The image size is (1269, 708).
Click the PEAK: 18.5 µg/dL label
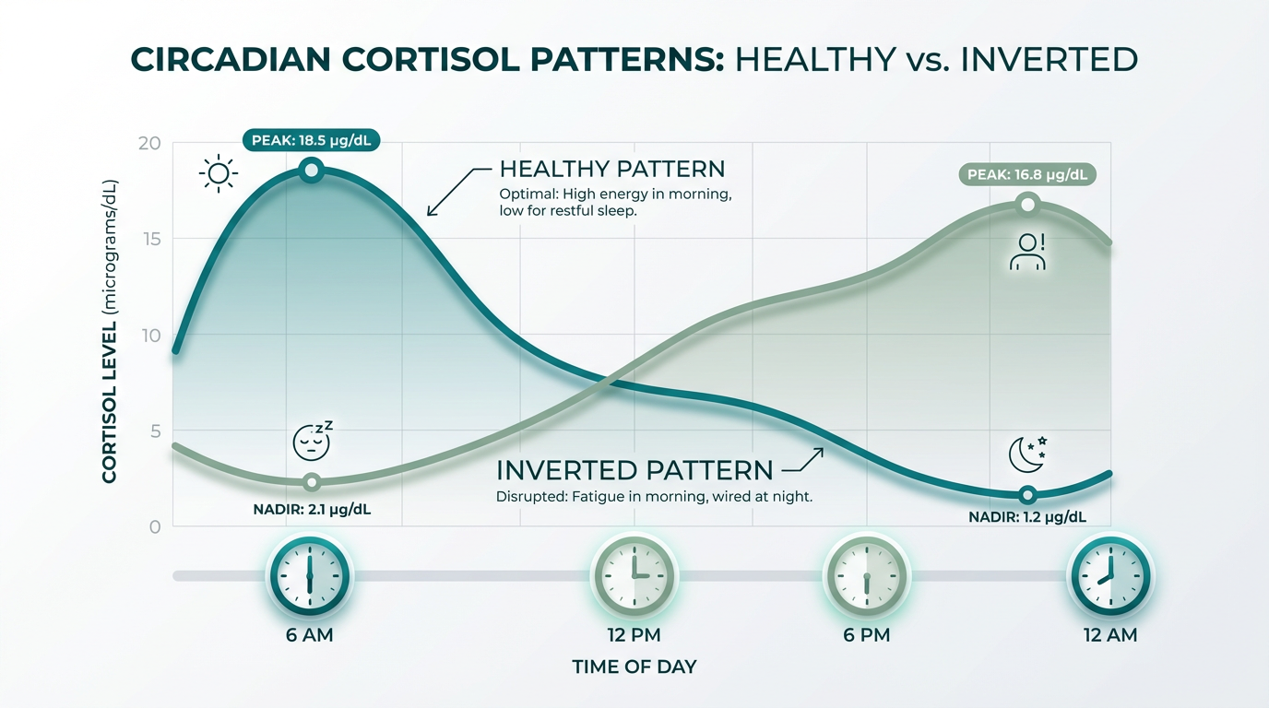(312, 141)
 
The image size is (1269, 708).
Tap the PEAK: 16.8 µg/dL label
(1027, 174)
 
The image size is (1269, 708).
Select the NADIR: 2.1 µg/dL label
(312, 509)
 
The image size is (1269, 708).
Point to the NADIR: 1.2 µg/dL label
(1027, 517)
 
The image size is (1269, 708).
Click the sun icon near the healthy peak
(219, 173)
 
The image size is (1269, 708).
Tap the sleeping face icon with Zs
(313, 442)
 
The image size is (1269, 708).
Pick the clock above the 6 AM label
(310, 575)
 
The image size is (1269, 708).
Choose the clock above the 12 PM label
(634, 575)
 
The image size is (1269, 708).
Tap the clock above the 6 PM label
(866, 575)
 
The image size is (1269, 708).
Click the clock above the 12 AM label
(1109, 575)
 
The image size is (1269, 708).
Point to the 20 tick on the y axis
(149, 144)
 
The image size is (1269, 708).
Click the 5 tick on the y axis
(153, 431)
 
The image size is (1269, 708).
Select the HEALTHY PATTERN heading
(611, 170)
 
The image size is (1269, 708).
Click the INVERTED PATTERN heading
(634, 470)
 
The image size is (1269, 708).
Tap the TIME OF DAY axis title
(634, 667)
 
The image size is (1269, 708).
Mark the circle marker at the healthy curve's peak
(312, 170)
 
